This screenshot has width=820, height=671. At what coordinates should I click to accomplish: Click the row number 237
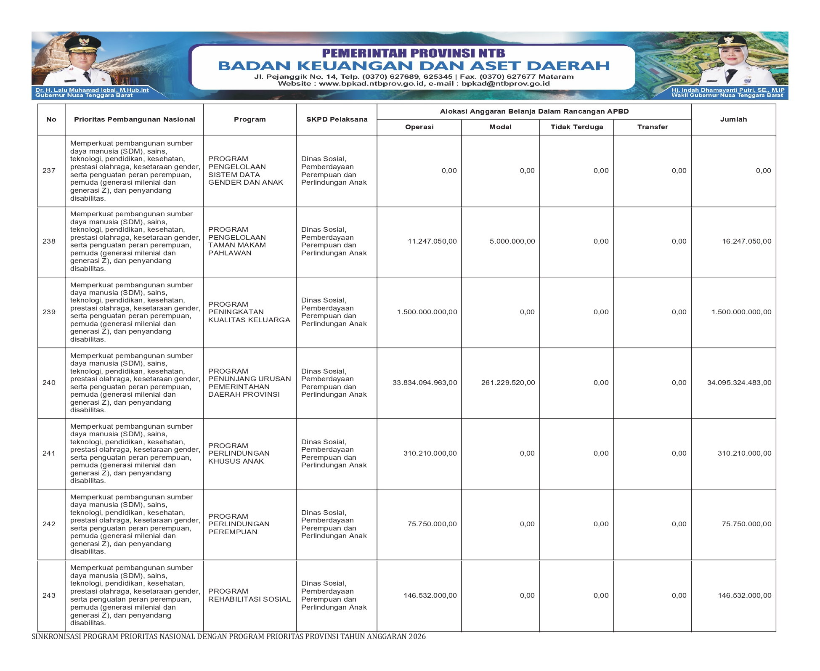(49, 170)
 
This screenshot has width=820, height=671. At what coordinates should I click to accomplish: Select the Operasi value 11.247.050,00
(432, 241)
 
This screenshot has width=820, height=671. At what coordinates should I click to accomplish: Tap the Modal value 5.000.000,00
(512, 241)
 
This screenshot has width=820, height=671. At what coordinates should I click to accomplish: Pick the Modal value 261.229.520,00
(508, 382)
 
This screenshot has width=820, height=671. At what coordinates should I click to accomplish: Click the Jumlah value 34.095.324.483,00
(739, 382)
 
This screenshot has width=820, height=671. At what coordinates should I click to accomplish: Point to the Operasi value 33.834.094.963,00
(425, 382)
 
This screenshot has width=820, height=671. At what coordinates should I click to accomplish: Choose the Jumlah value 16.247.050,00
(746, 241)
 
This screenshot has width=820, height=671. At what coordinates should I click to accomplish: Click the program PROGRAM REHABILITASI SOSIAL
(249, 595)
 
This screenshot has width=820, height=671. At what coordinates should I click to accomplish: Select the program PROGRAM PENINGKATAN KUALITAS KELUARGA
(249, 312)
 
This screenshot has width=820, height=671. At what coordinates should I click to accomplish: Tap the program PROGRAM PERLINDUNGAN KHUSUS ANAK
(239, 453)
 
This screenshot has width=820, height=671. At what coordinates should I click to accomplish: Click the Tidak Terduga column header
(576, 127)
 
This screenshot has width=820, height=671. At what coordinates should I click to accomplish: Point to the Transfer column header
(652, 127)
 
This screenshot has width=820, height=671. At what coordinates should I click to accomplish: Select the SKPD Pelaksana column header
(337, 119)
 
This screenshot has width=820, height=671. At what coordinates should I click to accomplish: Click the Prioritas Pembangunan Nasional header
(134, 119)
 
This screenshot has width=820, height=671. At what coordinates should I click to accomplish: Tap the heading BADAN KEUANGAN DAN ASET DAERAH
(414, 66)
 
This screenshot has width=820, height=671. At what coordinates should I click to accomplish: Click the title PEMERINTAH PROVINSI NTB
(413, 53)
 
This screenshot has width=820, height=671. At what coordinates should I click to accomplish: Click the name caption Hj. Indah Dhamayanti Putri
(727, 90)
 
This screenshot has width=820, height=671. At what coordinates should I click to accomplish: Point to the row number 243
(49, 595)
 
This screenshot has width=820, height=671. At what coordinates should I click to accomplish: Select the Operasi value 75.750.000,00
(432, 524)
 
